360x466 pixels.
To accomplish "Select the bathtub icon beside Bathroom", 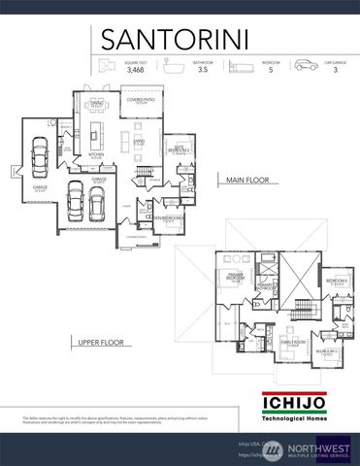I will coord(178,65).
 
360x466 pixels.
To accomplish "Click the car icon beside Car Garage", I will coord(306,65).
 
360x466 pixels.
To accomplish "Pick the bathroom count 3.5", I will coord(203,69).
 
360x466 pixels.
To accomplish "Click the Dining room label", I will coord(98,104).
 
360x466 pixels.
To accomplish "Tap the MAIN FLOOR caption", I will coord(247,181).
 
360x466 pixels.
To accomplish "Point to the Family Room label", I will coord(289,343).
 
